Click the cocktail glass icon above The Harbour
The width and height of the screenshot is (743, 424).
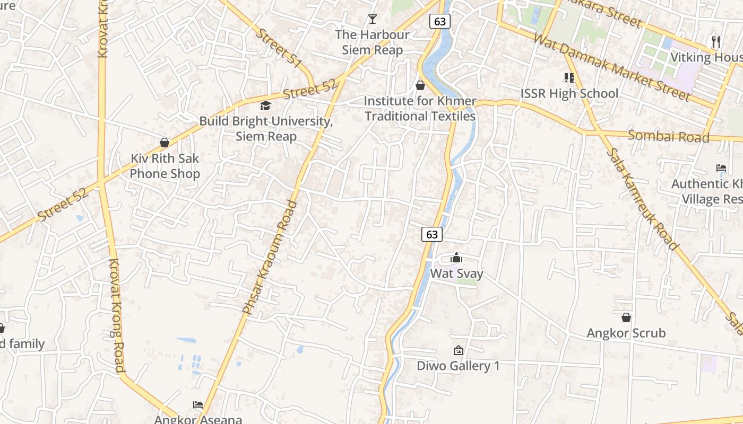[x=373, y=19]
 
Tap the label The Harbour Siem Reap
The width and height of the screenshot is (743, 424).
[x=373, y=42]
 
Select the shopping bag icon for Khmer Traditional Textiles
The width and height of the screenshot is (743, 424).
[x=420, y=85]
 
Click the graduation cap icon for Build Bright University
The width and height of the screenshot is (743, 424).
[x=265, y=106]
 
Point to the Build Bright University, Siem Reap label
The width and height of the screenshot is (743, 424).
[x=266, y=129]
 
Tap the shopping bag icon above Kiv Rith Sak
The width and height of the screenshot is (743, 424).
[x=165, y=143]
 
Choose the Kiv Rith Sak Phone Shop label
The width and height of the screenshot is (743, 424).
[x=165, y=166]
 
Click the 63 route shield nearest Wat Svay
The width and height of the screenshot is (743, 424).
[x=432, y=234]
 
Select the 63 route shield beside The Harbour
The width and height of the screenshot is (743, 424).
[x=439, y=21]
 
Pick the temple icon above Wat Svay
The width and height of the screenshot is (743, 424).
[x=456, y=258]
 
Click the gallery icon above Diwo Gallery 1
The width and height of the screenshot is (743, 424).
[x=458, y=350]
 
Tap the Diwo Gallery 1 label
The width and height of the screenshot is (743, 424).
[x=458, y=366]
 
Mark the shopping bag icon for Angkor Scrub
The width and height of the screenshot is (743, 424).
[x=626, y=317]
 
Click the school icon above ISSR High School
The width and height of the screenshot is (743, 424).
[x=569, y=78]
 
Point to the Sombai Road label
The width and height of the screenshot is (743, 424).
[x=668, y=136]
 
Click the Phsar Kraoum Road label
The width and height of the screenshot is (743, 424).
[x=270, y=256]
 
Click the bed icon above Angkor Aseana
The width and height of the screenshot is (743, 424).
[x=198, y=405]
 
